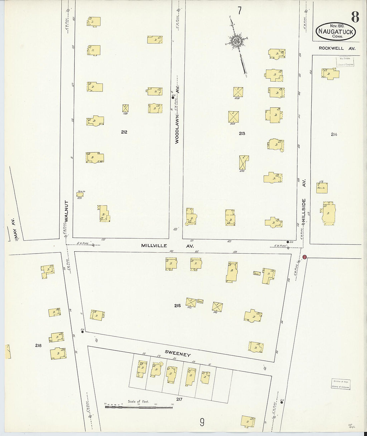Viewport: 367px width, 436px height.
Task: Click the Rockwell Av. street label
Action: click(x=337, y=48)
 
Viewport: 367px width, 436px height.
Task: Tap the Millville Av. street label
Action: click(x=167, y=246)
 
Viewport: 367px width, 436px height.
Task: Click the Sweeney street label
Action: click(x=178, y=353)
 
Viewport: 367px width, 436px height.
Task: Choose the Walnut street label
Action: click(x=67, y=211)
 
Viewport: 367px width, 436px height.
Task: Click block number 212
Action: click(x=124, y=132)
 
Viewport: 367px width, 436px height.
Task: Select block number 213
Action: click(x=242, y=133)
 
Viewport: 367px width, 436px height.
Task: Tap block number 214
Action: click(x=334, y=134)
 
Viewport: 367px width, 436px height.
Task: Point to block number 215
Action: click(x=177, y=305)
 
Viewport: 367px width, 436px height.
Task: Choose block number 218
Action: click(x=38, y=345)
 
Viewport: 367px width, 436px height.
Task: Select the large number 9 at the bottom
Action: click(x=202, y=423)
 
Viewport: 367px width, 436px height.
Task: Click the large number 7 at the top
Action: click(x=239, y=11)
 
